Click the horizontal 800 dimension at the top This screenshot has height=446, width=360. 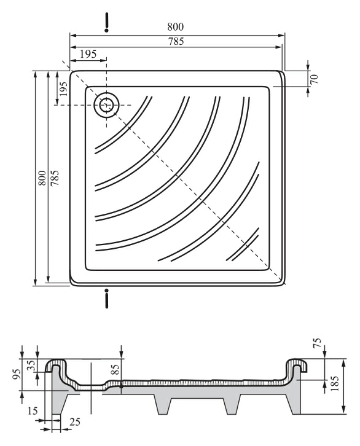(176, 27)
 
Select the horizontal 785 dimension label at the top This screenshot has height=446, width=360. (176, 42)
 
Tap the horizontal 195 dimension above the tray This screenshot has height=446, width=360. (88, 54)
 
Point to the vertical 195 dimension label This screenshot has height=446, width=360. (63, 88)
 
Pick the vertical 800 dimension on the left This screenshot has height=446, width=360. (42, 178)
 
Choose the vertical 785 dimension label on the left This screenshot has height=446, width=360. (55, 178)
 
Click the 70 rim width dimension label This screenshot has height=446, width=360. (314, 79)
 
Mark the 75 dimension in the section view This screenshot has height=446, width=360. (318, 342)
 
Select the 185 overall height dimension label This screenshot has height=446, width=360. (335, 383)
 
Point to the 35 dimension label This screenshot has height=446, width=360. (31, 365)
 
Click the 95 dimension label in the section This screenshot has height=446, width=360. (17, 374)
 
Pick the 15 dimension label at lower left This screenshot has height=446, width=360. (33, 411)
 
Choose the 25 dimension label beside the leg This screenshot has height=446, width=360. (75, 422)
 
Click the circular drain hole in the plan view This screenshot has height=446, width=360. (106, 104)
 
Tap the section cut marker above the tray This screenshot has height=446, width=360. (107, 22)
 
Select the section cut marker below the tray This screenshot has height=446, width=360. (107, 299)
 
